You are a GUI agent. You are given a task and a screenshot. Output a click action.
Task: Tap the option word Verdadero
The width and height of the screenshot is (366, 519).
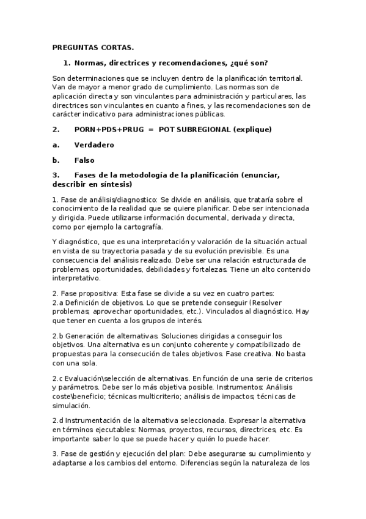[94, 145]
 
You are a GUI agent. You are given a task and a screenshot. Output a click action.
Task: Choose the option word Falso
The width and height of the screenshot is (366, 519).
[84, 160]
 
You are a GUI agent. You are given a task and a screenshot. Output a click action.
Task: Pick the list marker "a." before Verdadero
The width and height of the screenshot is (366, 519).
[56, 145]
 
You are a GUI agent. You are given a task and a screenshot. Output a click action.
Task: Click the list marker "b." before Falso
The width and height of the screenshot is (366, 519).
[56, 160]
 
